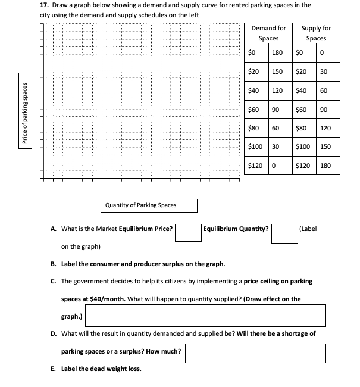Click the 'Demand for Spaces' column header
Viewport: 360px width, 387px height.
pos(268,33)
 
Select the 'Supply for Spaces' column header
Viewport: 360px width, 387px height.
pos(316,33)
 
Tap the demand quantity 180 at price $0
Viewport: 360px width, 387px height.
pos(277,52)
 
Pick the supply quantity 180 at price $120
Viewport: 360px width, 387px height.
pos(325,166)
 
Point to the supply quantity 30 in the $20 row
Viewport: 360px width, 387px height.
pos(324,71)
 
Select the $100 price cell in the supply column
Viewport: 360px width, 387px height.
pos(303,146)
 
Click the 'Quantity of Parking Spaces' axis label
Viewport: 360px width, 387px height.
pos(140,205)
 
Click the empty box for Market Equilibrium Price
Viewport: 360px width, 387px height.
pos(187,233)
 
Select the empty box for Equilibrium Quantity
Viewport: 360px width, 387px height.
pos(284,233)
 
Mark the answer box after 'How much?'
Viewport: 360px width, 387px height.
pos(255,353)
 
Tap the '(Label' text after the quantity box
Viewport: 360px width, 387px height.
pos(309,228)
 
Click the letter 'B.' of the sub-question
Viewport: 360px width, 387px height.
pos(54,264)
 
